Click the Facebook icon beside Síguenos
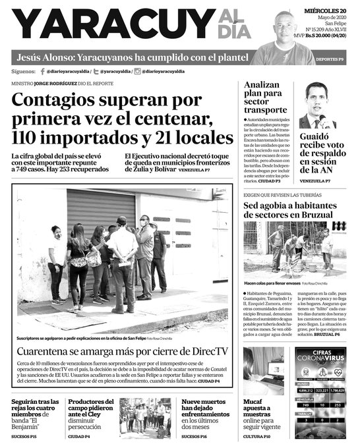pyautogui.click(x=42, y=70)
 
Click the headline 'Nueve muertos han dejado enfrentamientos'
pyautogui.click(x=206, y=415)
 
